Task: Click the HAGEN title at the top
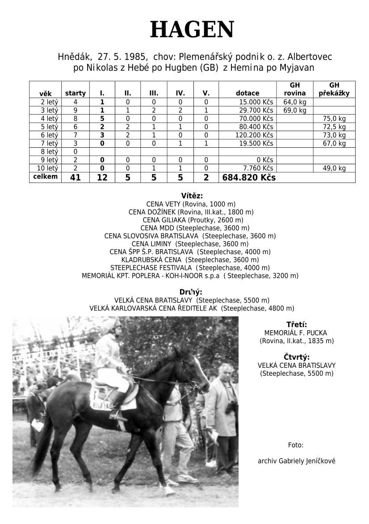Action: coord(192,30)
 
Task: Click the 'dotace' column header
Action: coord(247,93)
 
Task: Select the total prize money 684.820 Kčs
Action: coord(249,178)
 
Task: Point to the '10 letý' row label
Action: coord(49,168)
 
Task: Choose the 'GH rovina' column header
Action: coord(295,89)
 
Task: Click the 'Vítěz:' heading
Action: coord(192,196)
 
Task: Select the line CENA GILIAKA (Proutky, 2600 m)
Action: coord(193,220)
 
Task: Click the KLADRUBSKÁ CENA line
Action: coord(190,260)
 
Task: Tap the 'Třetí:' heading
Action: coord(296,325)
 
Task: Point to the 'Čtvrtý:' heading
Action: coord(297,357)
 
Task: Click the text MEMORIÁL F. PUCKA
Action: coord(296,333)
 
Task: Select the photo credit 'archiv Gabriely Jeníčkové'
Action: coord(296,461)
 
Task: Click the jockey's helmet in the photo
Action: coord(112,325)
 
